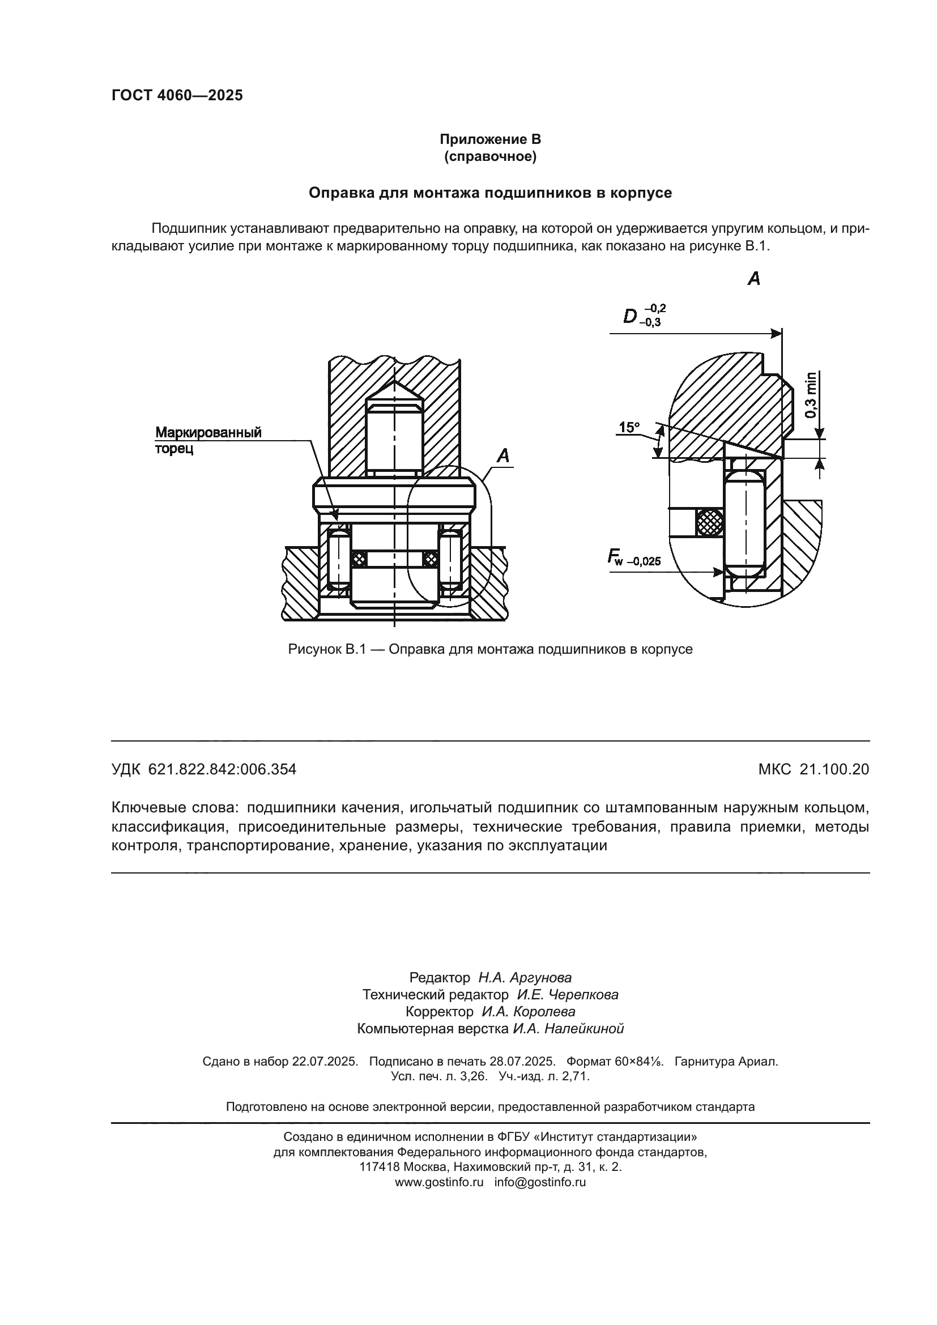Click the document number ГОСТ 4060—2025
tap(177, 96)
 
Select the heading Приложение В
tap(490, 139)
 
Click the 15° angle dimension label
tap(629, 428)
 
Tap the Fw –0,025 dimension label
tap(633, 558)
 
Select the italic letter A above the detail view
tap(753, 279)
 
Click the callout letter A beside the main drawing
tap(503, 456)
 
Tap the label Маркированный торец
tap(208, 440)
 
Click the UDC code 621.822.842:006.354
tap(222, 769)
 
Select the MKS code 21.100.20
tap(834, 769)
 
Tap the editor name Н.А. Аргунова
tap(525, 978)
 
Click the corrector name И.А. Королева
tap(528, 1012)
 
